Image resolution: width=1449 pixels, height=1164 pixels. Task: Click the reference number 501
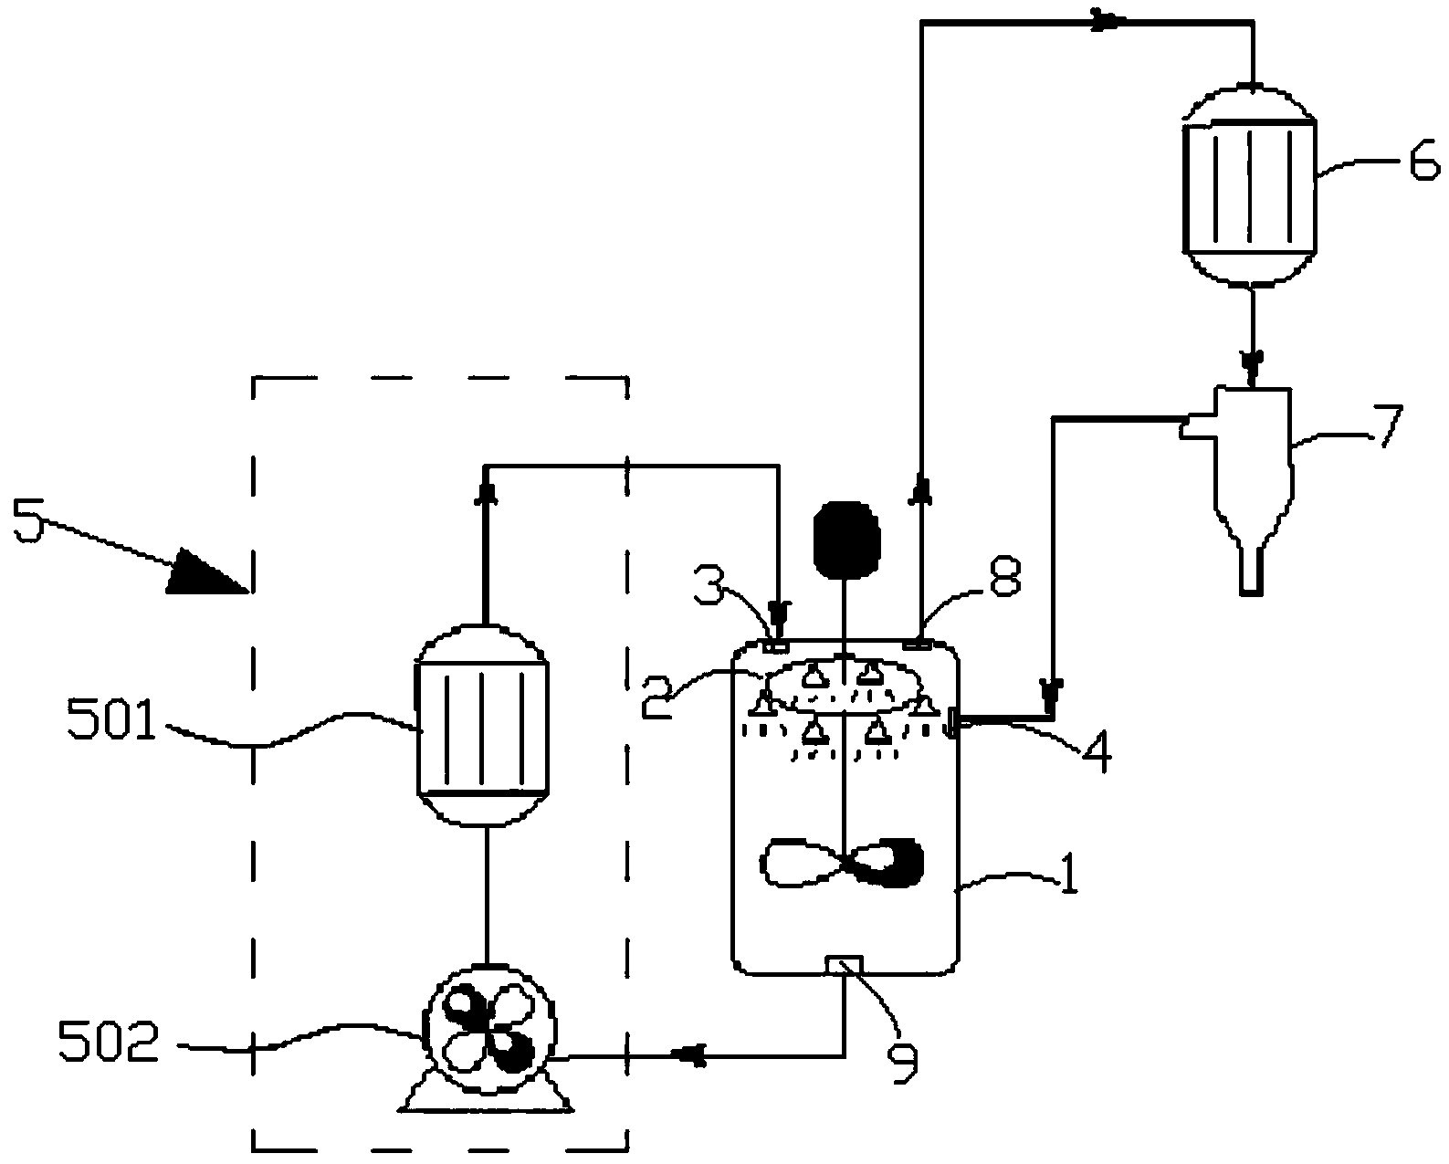[x=111, y=719]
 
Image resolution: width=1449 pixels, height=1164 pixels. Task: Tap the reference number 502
[x=109, y=1042]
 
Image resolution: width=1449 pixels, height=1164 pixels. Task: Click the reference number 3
[x=710, y=583]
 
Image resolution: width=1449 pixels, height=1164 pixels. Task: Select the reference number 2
[x=657, y=698]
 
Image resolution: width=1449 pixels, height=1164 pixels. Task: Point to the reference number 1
[x=1067, y=874]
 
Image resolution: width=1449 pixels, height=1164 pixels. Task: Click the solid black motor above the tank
[x=846, y=540]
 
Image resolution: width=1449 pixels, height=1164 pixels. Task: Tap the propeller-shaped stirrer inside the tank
[x=842, y=863]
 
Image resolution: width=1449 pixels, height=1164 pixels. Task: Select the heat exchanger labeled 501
[x=483, y=727]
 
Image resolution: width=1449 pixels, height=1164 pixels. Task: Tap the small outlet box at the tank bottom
[x=844, y=965]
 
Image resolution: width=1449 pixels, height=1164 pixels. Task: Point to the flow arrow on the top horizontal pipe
[x=1105, y=22]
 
